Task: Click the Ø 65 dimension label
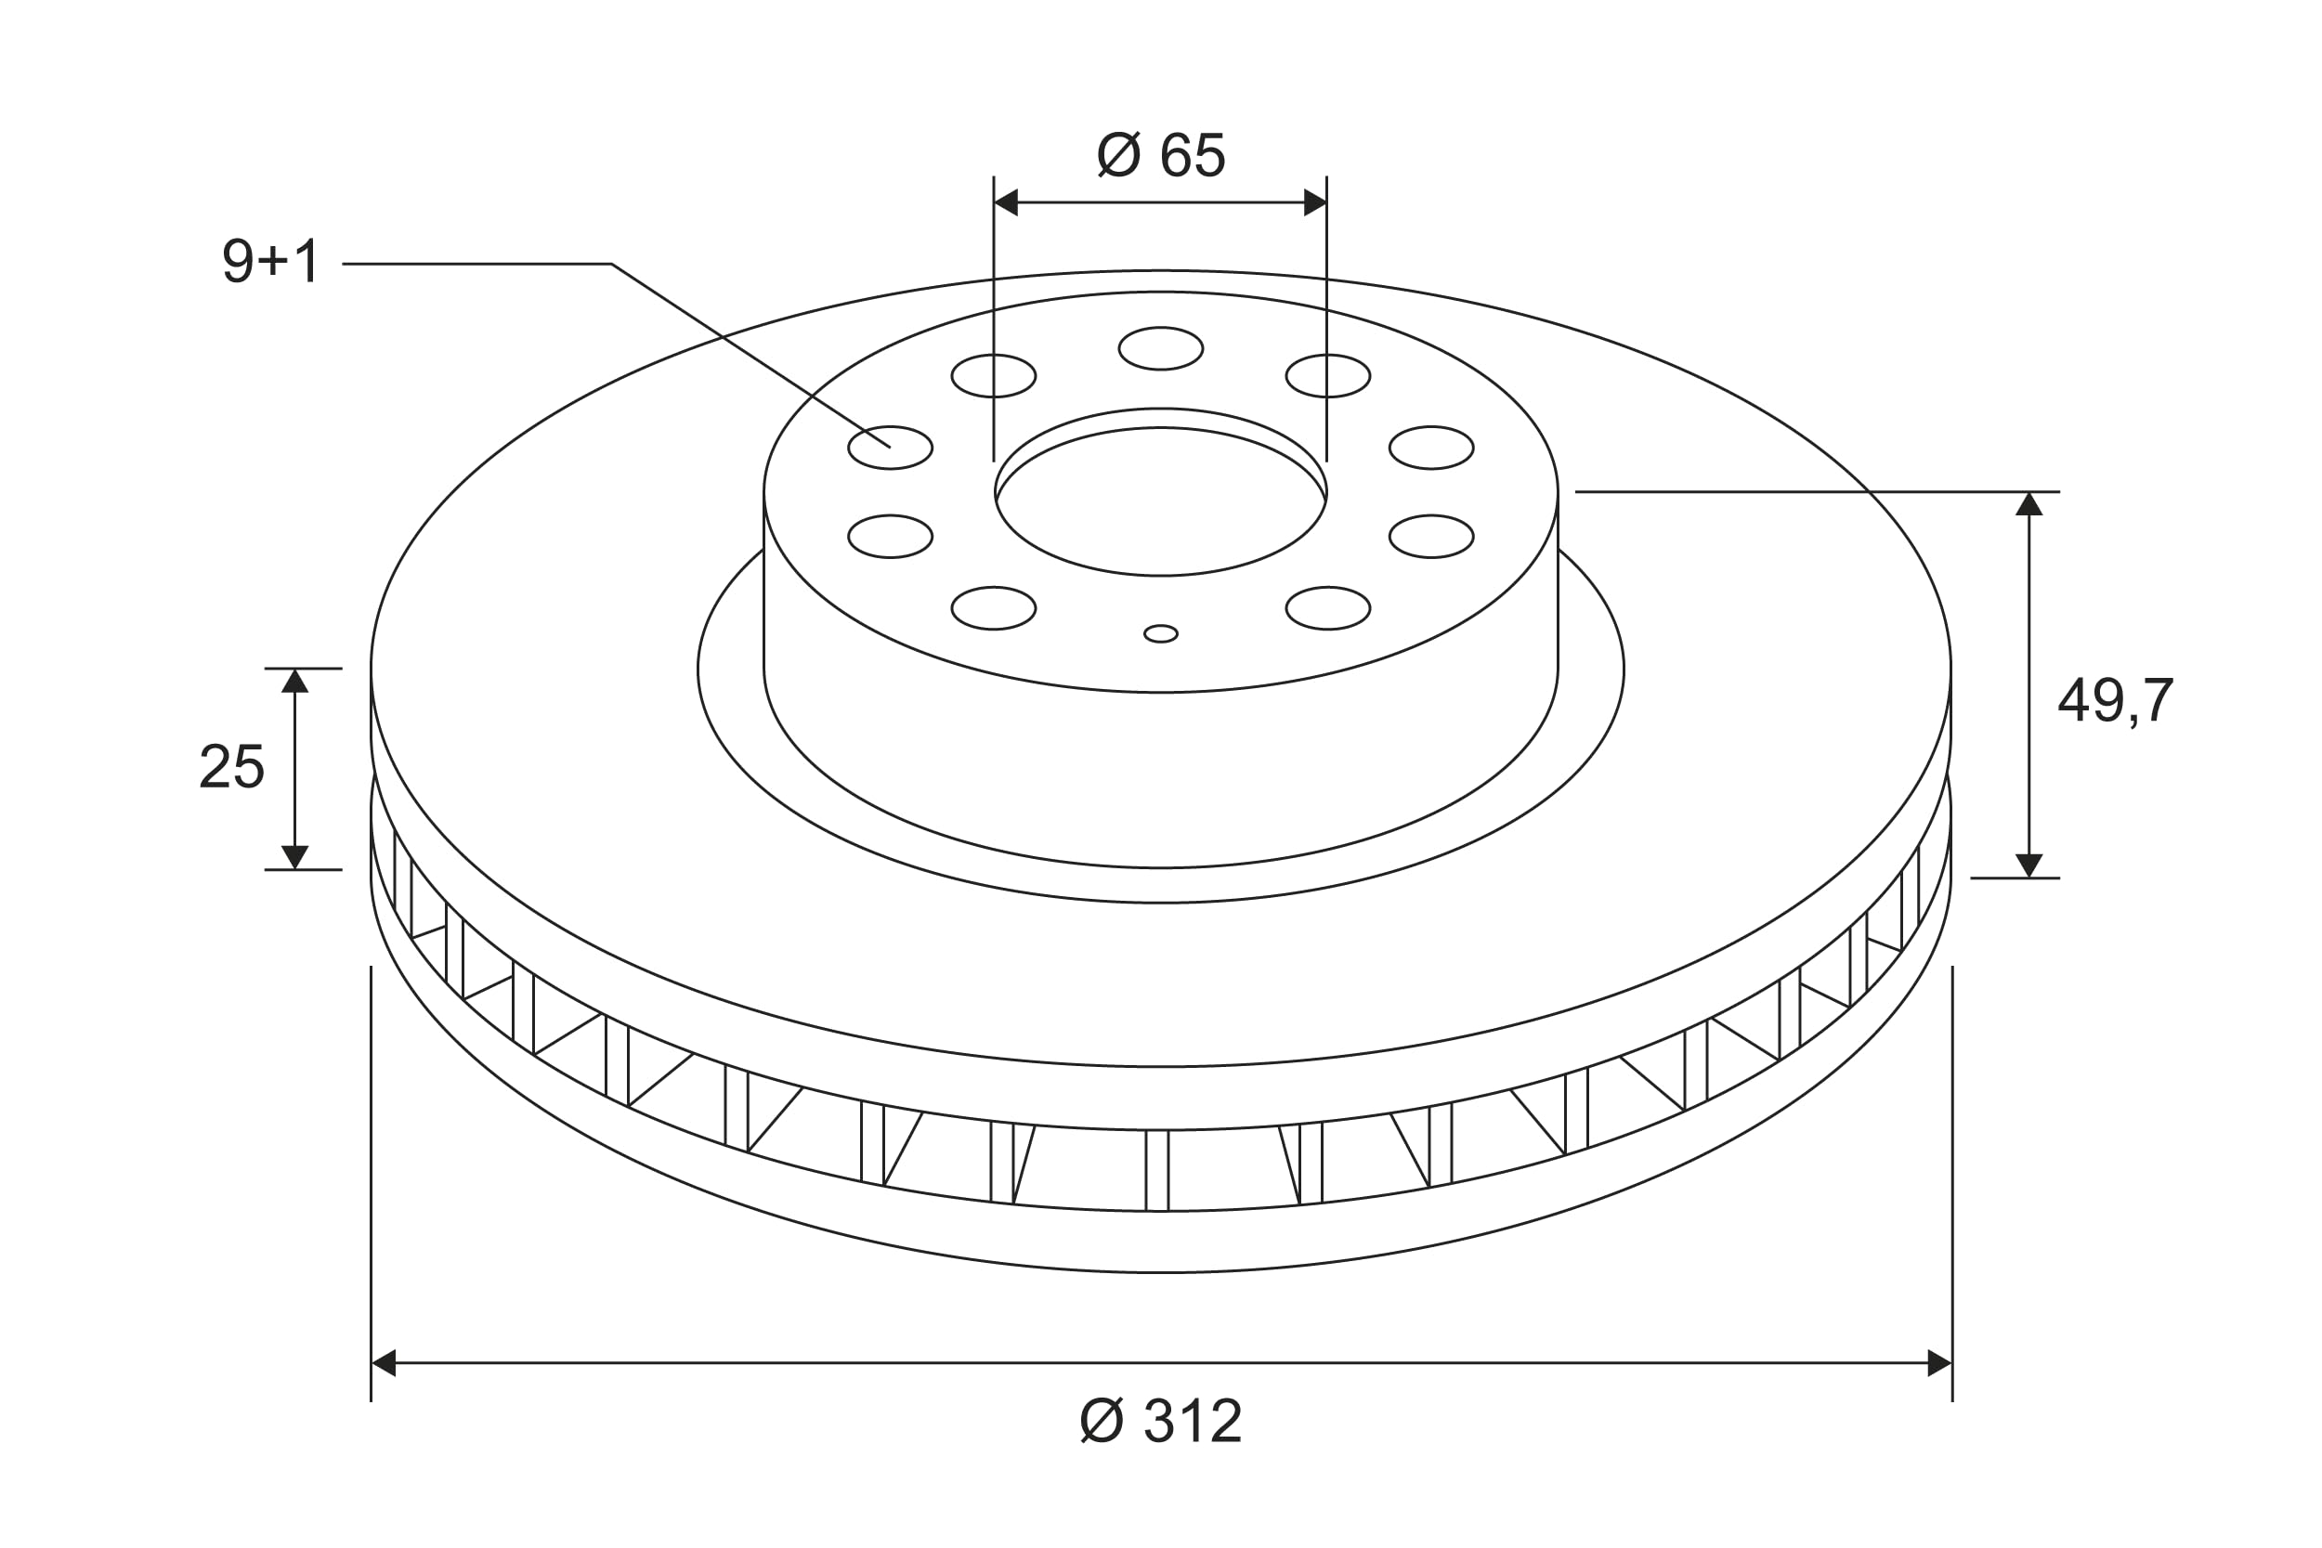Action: click(1161, 156)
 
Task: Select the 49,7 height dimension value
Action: click(2115, 701)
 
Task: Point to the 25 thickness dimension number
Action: click(232, 767)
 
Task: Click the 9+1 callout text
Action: click(270, 261)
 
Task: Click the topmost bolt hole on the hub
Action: click(1161, 348)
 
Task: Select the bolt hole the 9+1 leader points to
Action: click(890, 449)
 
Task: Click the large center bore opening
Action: click(1161, 501)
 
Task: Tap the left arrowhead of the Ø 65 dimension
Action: click(1006, 202)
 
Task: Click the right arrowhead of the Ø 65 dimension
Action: click(1315, 202)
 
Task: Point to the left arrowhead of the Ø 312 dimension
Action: click(384, 1363)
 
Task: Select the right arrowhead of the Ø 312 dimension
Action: click(1939, 1363)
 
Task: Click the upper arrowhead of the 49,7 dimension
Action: click(2028, 504)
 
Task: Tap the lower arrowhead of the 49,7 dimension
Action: click(2028, 865)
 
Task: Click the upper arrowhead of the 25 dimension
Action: click(295, 682)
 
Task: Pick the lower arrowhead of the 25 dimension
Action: click(295, 857)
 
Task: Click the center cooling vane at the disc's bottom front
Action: click(1157, 1170)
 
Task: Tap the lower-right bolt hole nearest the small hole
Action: click(1328, 608)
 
